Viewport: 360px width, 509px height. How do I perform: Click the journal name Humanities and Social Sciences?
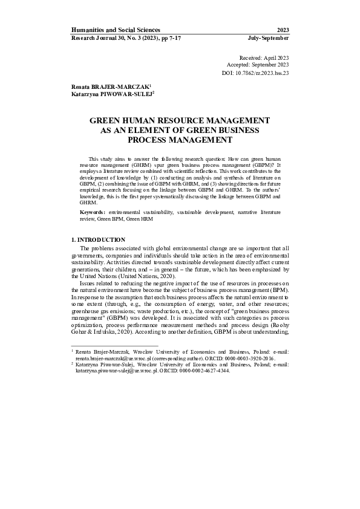coord(116,30)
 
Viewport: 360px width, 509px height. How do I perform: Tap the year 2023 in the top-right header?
coord(283,30)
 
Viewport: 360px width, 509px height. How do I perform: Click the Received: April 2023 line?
coord(264,56)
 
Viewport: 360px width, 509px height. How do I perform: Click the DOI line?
coord(256,73)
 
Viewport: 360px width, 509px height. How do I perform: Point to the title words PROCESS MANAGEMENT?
coord(180,140)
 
